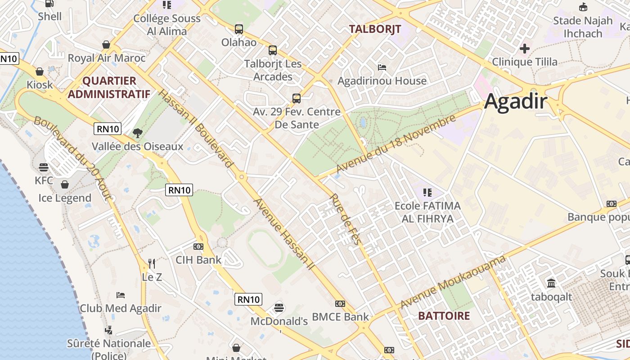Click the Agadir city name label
(516, 102)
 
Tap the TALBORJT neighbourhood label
(375, 29)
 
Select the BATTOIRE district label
(444, 316)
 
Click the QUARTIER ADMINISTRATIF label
(108, 87)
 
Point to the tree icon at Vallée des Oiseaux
(138, 133)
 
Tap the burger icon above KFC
(44, 167)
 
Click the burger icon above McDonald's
(279, 308)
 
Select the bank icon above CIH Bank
(198, 247)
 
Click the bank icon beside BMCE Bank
(340, 304)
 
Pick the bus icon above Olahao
(239, 29)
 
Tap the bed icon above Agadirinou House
(382, 67)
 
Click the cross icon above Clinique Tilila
(525, 48)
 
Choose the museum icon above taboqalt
(551, 283)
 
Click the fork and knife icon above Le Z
(152, 263)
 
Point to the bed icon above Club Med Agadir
(121, 295)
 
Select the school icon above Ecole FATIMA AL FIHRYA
(427, 193)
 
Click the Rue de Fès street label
(345, 219)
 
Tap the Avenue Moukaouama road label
(453, 282)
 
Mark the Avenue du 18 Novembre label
(396, 144)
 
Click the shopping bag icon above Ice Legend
(65, 184)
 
